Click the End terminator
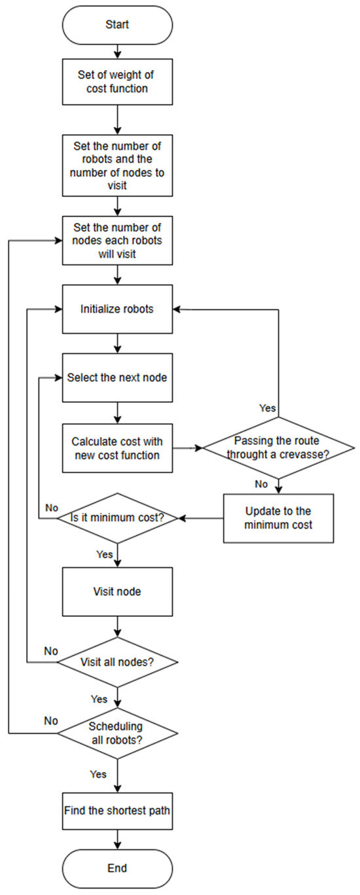tap(117, 868)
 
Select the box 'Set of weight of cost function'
tap(117, 82)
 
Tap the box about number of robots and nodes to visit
tap(117, 165)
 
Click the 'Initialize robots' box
tap(117, 309)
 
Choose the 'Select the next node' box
tap(117, 378)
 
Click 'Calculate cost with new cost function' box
tap(117, 448)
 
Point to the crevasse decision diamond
tap(279, 448)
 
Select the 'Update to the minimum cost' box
tap(279, 518)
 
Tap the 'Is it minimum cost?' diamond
tap(117, 518)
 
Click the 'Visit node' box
tap(117, 591)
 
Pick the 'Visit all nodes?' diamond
tap(117, 662)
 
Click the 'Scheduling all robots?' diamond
tap(117, 732)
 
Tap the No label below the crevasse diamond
tap(261, 485)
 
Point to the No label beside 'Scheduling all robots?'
tap(50, 720)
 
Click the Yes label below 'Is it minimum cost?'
tap(105, 554)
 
